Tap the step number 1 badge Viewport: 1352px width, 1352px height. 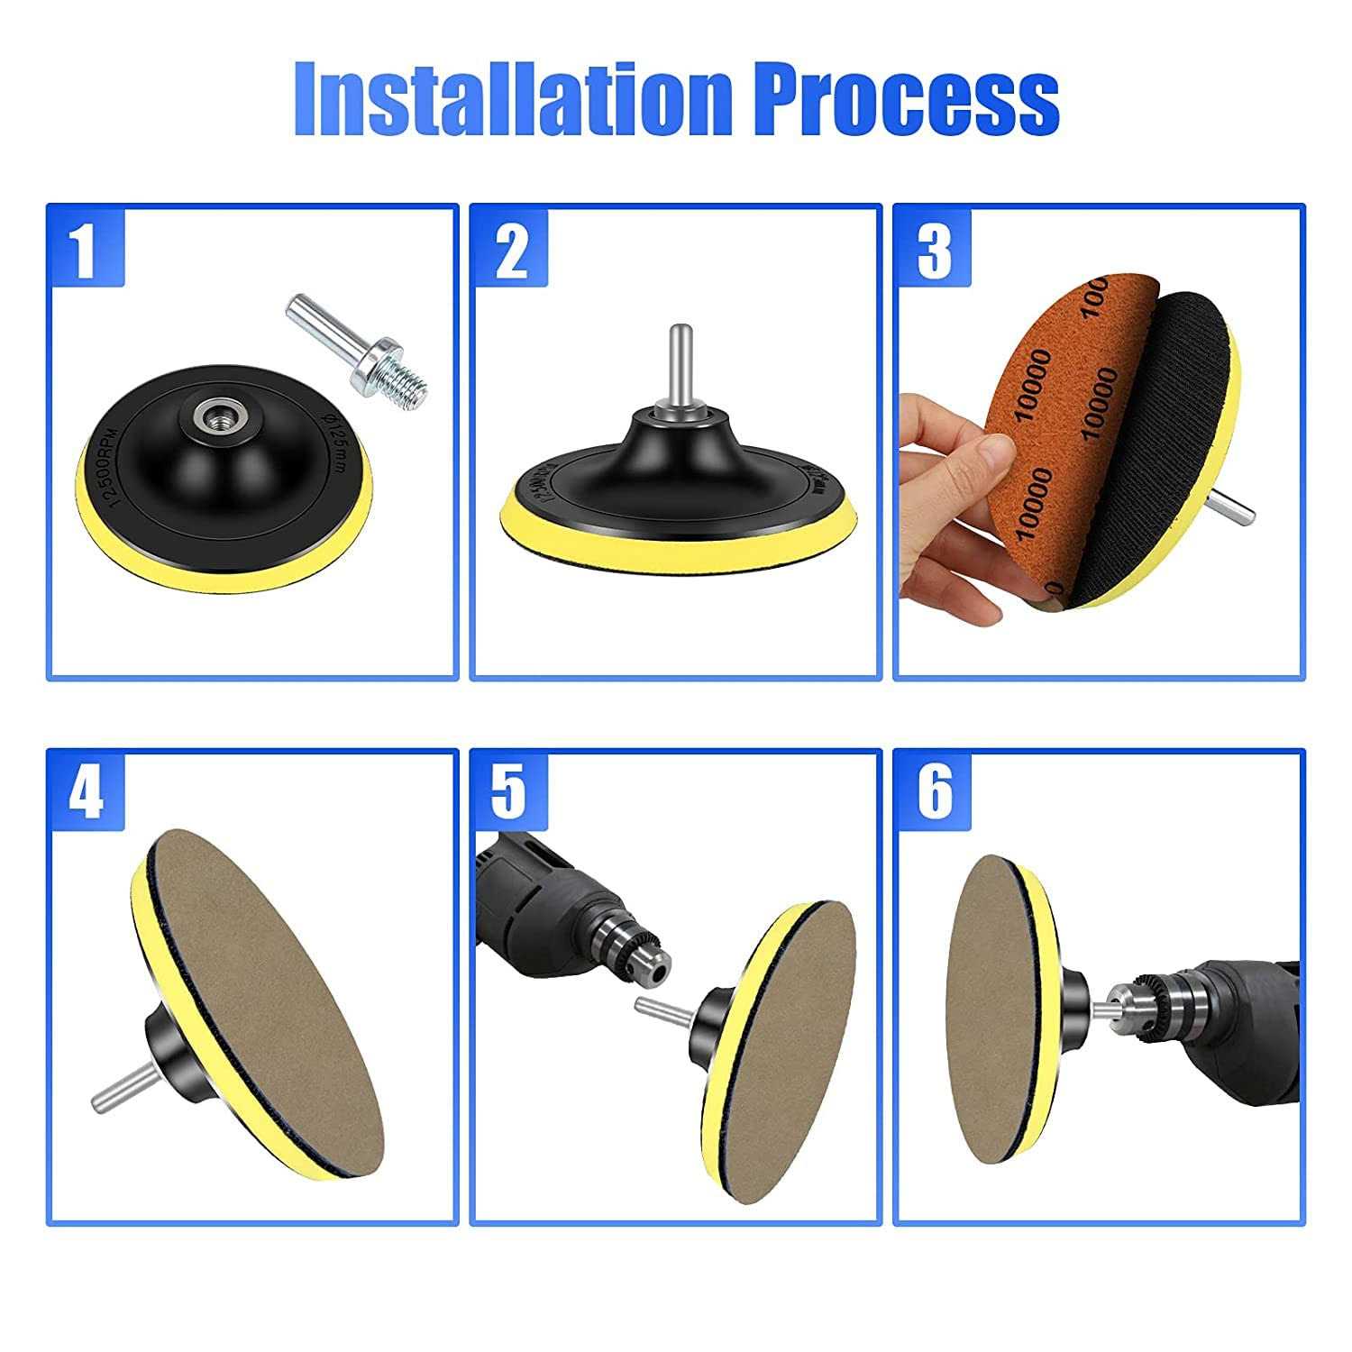click(x=86, y=249)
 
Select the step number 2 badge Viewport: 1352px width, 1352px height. click(x=510, y=249)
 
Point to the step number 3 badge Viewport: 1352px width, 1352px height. click(x=934, y=249)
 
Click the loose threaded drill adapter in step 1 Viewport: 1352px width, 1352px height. click(x=361, y=352)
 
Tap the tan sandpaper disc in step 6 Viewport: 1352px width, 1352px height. click(x=991, y=1009)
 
